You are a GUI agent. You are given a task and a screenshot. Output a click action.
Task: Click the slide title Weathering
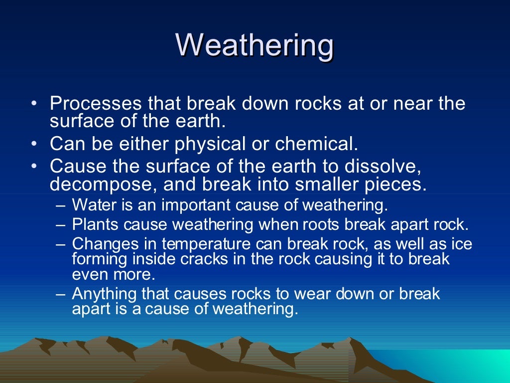coord(255,45)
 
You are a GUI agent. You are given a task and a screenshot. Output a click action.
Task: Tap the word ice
coord(461,244)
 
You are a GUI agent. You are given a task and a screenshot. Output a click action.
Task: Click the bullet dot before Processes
coord(33,104)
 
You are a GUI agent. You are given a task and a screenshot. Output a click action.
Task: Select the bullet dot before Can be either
coord(33,145)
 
